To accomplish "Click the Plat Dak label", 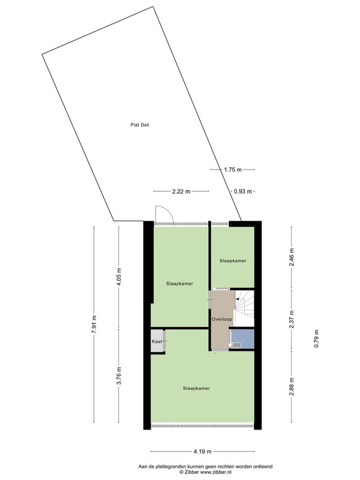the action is point(140,125).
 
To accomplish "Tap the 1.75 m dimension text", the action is point(233,170).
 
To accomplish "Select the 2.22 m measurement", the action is point(181,191).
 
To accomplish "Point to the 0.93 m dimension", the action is point(243,191).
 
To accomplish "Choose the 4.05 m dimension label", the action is point(119,277).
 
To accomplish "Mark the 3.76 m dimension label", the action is point(119,376).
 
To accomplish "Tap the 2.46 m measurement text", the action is point(292,257).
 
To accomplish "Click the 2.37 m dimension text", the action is point(292,319).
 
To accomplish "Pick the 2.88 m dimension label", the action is point(292,386).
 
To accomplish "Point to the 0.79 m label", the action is point(316,338).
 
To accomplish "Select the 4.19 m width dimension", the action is point(202,452).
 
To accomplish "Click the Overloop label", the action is point(222,319).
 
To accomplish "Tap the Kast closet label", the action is point(157,341).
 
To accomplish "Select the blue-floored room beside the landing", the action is point(243,339).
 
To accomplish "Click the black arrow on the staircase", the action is point(238,299).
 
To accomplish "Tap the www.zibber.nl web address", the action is point(216,472).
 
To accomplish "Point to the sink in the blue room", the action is point(236,346).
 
